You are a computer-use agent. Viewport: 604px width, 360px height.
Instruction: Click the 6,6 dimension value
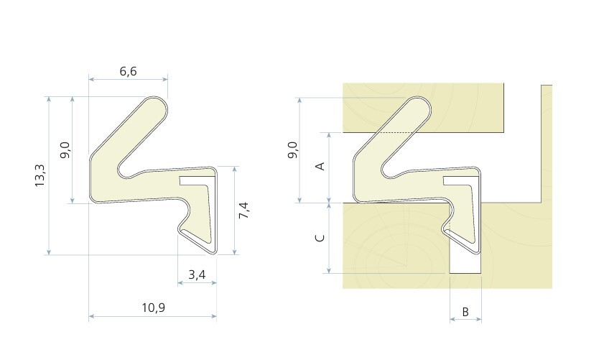129,71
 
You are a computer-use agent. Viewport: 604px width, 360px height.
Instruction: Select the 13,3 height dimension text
40,176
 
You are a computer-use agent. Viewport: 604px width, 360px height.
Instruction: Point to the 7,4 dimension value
244,211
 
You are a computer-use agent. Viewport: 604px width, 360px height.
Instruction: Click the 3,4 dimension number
197,274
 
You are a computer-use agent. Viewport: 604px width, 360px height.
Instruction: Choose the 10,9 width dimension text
154,308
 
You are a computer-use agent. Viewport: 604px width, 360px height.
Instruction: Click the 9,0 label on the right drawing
293,150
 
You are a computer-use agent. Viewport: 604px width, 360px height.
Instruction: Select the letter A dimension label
320,166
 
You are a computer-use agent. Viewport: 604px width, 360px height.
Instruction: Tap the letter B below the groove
465,312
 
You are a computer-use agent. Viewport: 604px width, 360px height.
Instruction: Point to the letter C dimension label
320,238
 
